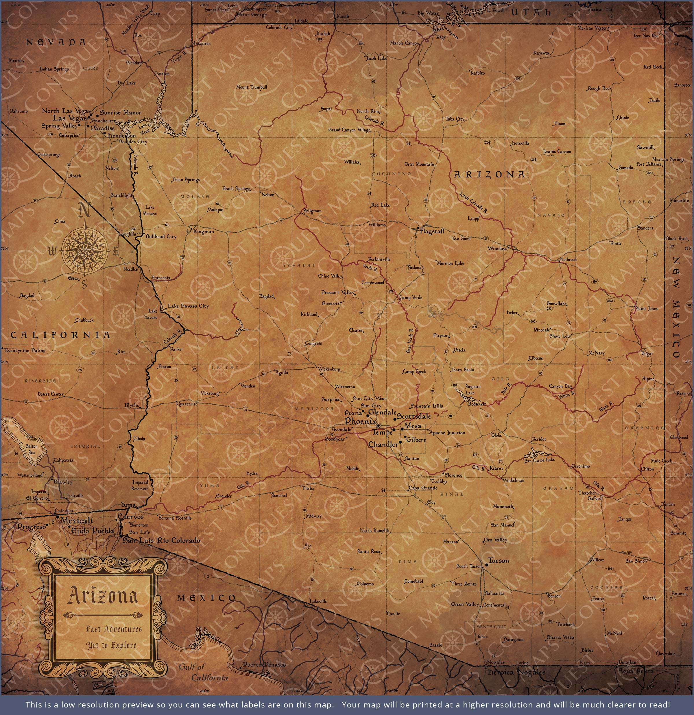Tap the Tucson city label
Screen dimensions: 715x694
tap(498, 561)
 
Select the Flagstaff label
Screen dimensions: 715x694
tap(432, 231)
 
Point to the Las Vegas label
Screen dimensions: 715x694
tap(70, 118)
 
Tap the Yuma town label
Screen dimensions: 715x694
tap(128, 505)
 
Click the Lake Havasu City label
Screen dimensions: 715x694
tap(188, 306)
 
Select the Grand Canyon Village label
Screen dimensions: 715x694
tap(349, 129)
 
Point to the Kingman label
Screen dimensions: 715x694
tap(203, 231)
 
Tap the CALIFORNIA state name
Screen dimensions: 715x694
tap(60, 335)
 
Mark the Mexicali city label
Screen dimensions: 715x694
tap(77, 520)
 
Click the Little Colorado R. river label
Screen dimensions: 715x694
tap(473, 202)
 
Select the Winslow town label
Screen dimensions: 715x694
tap(497, 249)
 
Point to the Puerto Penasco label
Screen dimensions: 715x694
tap(264, 665)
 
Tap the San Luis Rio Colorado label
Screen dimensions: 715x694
tap(161, 540)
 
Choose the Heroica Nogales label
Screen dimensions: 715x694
tap(516, 672)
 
